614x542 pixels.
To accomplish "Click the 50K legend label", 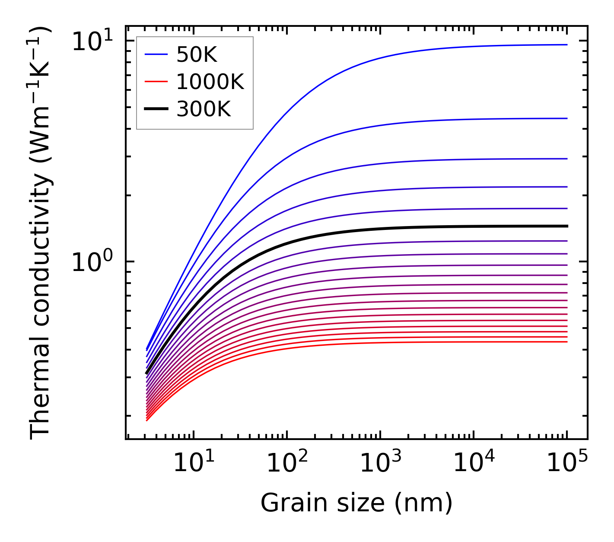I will coord(197,55).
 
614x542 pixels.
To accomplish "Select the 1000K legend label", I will coord(210,82).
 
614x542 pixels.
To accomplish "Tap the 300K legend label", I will coord(204,109).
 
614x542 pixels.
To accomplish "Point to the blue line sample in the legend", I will coord(156,54).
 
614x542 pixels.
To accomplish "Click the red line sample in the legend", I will coord(156,82).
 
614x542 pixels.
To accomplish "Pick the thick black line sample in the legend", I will coord(156,109).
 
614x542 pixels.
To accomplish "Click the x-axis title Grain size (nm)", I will coord(356,503).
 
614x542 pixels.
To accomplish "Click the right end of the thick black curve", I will coord(566,226).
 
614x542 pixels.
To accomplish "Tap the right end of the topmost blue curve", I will coord(566,45).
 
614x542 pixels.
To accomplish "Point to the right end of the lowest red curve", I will coord(566,342).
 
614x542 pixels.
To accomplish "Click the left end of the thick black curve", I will coord(147,373).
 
